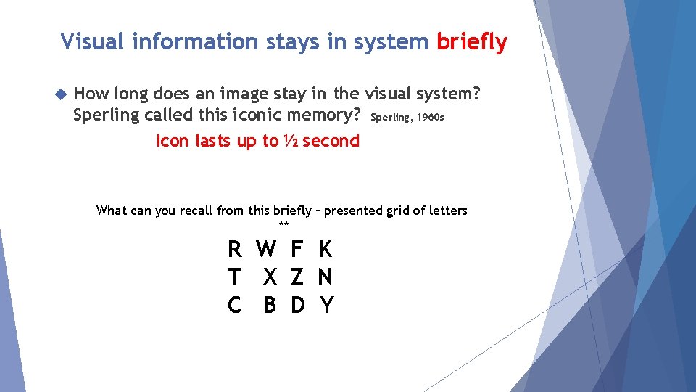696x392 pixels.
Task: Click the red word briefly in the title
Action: pos(471,42)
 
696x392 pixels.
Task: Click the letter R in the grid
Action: pos(234,250)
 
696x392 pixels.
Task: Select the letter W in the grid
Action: pos(266,250)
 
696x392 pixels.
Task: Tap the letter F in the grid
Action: pos(297,250)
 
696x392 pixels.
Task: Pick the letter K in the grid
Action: pos(325,250)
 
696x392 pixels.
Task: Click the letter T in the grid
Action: pos(234,277)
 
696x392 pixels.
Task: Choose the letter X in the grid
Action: pos(270,277)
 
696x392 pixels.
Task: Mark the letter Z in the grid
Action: pos(297,277)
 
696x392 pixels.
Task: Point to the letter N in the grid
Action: pos(326,277)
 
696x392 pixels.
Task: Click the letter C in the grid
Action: pos(234,306)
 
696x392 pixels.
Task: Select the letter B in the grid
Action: pos(270,306)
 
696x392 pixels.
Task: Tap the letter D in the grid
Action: pos(297,306)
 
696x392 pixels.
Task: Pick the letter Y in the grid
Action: pos(326,306)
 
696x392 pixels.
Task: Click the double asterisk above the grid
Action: pos(283,225)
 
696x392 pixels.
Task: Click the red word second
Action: pos(331,141)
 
